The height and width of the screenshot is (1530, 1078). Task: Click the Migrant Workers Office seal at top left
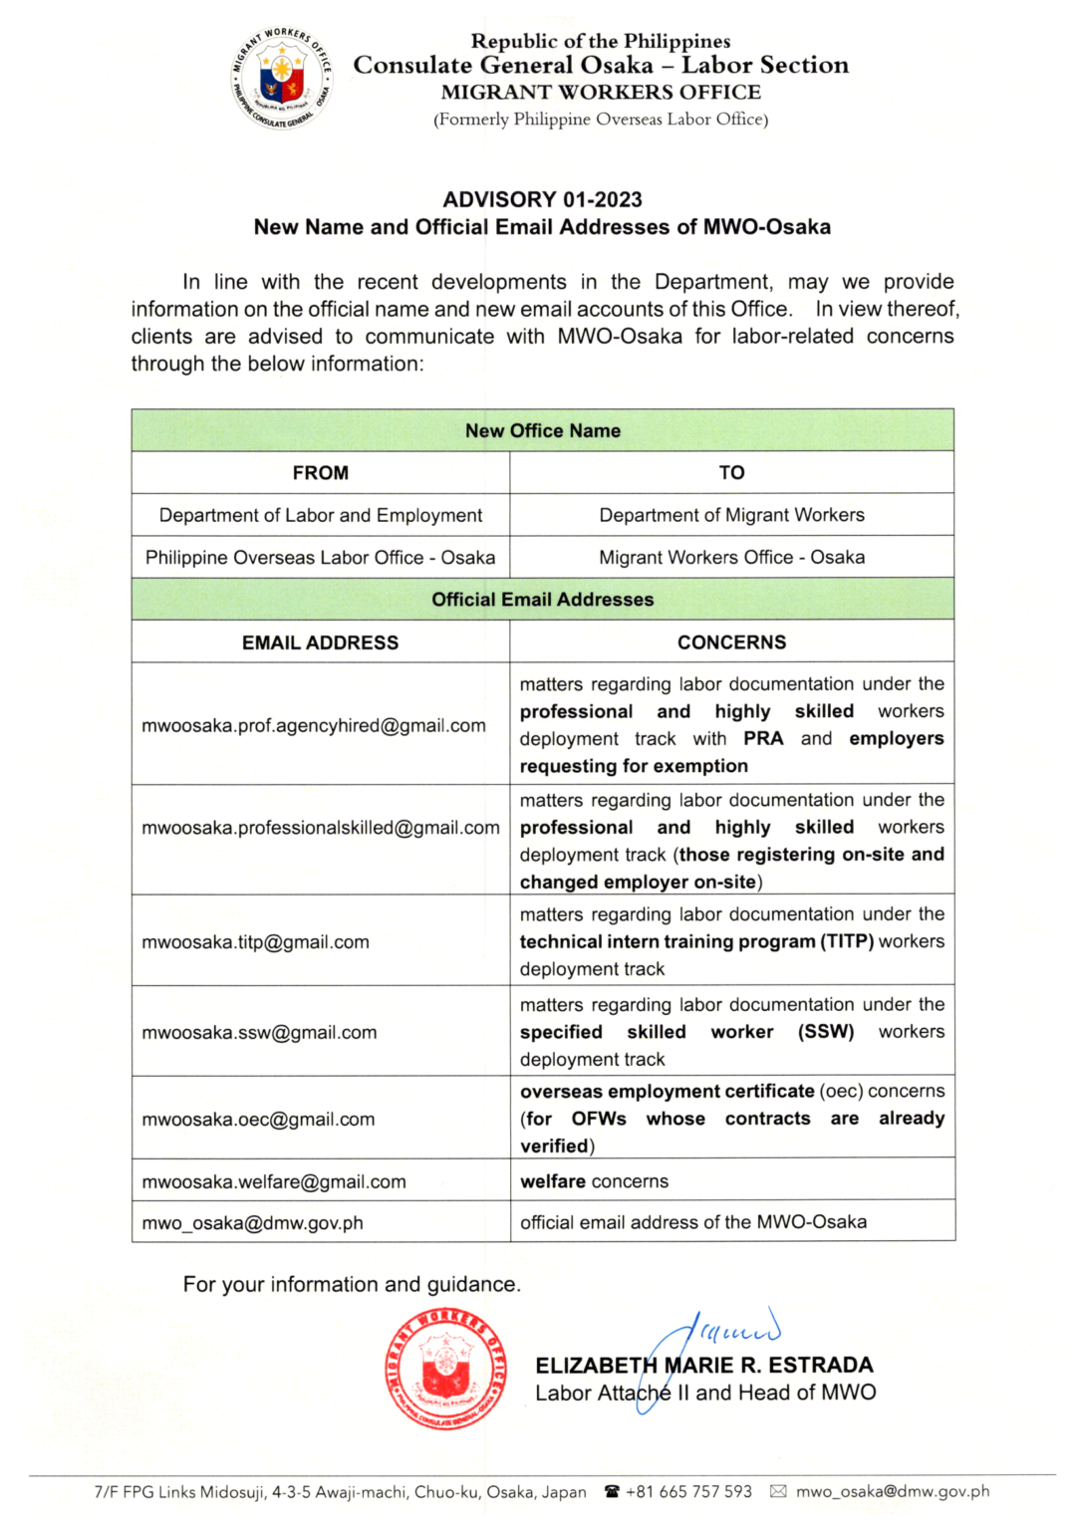pyautogui.click(x=281, y=78)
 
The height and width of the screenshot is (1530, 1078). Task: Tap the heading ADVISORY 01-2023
pyautogui.click(x=542, y=199)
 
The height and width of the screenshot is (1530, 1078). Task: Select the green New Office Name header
pyautogui.click(x=542, y=430)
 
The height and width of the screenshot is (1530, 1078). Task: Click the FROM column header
pyautogui.click(x=320, y=473)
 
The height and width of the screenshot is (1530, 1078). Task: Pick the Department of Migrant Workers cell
pyautogui.click(x=731, y=515)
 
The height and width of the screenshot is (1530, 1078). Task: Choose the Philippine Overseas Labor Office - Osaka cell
pyautogui.click(x=320, y=558)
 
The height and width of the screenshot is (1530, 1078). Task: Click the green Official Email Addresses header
pyautogui.click(x=542, y=600)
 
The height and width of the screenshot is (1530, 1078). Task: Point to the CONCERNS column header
pyautogui.click(x=731, y=642)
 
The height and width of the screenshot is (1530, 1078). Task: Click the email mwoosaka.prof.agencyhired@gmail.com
pyautogui.click(x=314, y=726)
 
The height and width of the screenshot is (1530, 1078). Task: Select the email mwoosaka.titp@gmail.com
pyautogui.click(x=255, y=942)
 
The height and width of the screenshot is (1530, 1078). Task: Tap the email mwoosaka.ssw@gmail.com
pyautogui.click(x=259, y=1033)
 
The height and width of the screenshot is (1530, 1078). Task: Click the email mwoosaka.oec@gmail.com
pyautogui.click(x=258, y=1120)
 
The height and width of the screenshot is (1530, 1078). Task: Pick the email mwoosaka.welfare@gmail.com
pyautogui.click(x=274, y=1182)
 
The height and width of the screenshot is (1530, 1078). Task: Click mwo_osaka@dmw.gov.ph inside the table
pyautogui.click(x=252, y=1223)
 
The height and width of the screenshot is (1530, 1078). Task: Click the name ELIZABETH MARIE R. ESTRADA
pyautogui.click(x=704, y=1366)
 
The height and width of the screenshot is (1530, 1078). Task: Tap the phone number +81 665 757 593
pyautogui.click(x=688, y=1492)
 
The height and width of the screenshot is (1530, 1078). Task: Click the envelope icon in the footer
pyautogui.click(x=778, y=1492)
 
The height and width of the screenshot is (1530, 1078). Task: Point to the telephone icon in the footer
pyautogui.click(x=612, y=1492)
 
